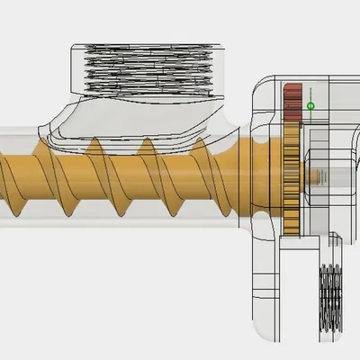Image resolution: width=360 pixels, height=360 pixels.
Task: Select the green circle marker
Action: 311,106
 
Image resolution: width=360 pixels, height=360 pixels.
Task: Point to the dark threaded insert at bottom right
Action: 330,297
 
